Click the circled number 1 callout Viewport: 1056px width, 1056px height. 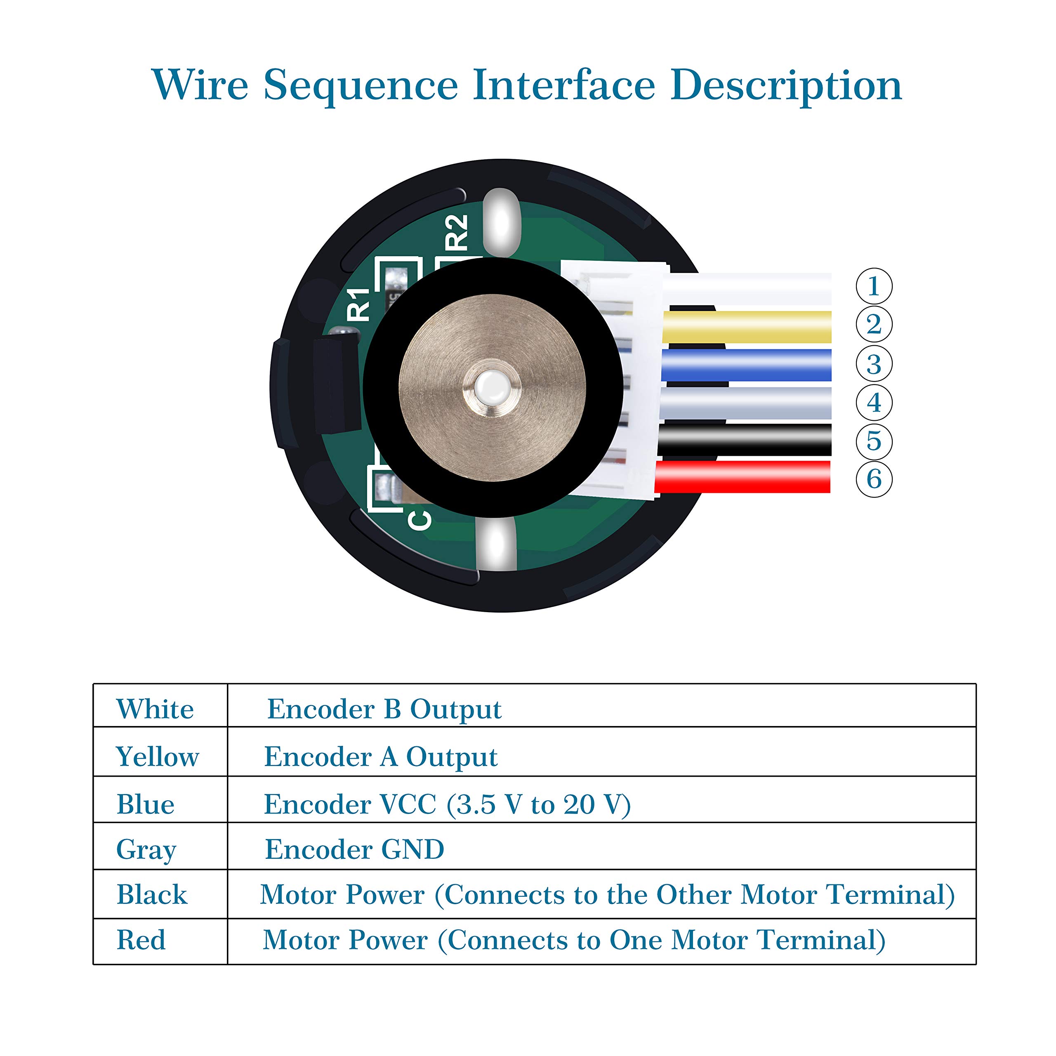point(873,286)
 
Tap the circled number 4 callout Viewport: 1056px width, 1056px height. point(873,403)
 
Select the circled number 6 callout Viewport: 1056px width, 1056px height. point(873,479)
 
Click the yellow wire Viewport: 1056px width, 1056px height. point(747,327)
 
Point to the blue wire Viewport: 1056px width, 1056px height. point(747,365)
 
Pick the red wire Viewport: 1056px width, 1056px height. point(743,476)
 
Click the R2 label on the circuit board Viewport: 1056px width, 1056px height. point(456,232)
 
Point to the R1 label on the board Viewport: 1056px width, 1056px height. point(359,304)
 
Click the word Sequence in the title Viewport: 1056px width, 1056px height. point(361,86)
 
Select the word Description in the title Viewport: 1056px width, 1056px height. point(786,86)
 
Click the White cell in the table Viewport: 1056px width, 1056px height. point(155,709)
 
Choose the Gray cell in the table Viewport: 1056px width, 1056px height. point(146,849)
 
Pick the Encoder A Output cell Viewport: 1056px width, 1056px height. point(380,757)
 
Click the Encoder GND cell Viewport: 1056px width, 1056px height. point(354,849)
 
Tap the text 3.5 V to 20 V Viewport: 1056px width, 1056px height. point(538,804)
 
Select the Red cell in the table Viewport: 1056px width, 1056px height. point(141,940)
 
